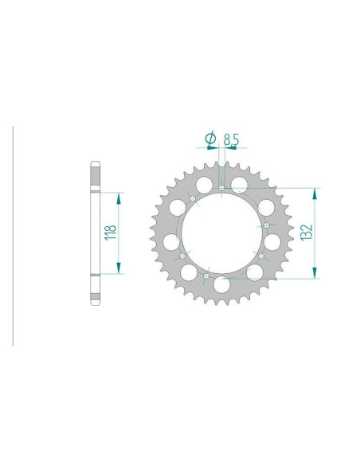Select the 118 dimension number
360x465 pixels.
[112, 232]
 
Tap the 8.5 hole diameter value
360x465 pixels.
[232, 140]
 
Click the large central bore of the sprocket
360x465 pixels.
[222, 232]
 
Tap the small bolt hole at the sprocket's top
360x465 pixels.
[221, 188]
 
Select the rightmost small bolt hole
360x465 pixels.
[265, 225]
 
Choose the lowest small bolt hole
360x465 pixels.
[206, 276]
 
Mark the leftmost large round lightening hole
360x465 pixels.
[171, 240]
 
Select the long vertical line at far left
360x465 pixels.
[13, 235]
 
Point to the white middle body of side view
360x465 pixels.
[95, 232]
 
